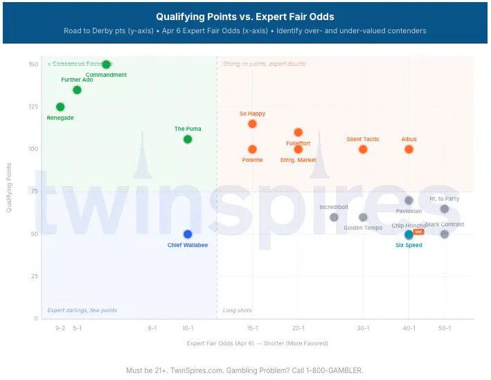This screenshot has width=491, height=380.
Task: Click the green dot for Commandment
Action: click(x=106, y=64)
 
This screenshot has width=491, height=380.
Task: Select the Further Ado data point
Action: click(x=77, y=90)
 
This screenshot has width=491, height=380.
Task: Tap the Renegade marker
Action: click(x=60, y=107)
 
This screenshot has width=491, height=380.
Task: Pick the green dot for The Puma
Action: click(x=188, y=139)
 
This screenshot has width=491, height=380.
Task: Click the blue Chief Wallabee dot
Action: click(x=188, y=234)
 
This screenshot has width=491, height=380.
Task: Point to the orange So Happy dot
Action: click(x=252, y=124)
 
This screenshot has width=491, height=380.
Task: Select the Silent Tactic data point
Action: click(x=363, y=149)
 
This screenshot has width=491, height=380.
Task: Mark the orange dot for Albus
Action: click(x=409, y=149)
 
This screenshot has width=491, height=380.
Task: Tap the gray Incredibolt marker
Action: click(x=334, y=217)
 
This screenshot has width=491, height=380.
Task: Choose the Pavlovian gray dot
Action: click(x=409, y=201)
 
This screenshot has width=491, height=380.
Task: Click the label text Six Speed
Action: click(x=409, y=245)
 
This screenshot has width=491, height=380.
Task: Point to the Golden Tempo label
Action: click(x=363, y=228)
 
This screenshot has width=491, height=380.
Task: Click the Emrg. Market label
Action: click(x=298, y=160)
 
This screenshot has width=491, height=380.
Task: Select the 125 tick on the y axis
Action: click(x=33, y=107)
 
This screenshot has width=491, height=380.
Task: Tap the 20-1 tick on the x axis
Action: click(x=298, y=327)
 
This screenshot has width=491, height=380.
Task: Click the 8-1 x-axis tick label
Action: click(x=152, y=327)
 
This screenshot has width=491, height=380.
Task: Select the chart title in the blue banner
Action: click(x=244, y=17)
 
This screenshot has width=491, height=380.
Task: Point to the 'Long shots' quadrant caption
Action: click(x=237, y=310)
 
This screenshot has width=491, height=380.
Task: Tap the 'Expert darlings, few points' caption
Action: click(x=82, y=310)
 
